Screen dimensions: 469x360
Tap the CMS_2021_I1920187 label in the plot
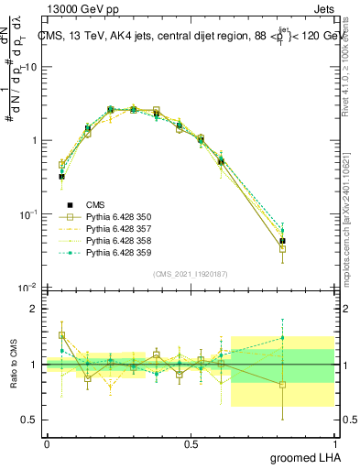(191, 274)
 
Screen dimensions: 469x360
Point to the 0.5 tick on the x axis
(191, 443)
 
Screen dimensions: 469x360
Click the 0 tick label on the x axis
(47, 443)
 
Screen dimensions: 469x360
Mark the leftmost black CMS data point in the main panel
(61, 177)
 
